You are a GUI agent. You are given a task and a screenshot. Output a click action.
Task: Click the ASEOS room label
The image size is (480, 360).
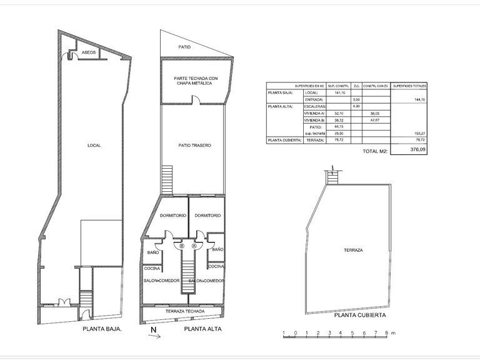point(89,53)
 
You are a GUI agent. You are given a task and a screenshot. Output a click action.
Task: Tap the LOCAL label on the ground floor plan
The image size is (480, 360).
point(94,145)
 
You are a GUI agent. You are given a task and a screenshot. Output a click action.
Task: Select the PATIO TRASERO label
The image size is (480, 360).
point(194,145)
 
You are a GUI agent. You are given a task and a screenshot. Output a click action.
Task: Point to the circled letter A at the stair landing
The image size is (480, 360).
point(194,246)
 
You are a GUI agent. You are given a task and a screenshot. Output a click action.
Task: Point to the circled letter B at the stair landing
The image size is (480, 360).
point(182,246)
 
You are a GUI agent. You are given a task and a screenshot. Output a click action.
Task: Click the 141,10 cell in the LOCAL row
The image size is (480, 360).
point(340,92)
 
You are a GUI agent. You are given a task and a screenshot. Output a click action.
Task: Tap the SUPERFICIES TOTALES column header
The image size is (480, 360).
point(409,86)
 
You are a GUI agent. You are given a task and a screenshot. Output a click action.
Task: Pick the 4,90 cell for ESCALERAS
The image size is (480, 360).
point(357,106)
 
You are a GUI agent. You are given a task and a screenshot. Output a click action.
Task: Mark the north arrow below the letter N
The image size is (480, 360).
point(154,336)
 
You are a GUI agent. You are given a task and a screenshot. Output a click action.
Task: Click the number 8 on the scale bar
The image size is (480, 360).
point(386,333)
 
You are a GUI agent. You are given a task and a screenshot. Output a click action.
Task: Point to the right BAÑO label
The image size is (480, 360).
point(217,249)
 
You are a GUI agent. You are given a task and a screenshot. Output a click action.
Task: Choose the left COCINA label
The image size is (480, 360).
point(153,268)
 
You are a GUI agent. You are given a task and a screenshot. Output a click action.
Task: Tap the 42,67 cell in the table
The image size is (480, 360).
point(376,120)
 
